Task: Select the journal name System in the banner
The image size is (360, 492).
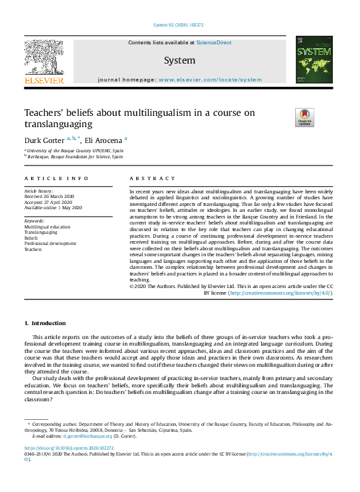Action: click(180, 61)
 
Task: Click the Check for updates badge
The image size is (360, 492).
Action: click(305, 117)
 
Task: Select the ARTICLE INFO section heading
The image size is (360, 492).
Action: click(56, 179)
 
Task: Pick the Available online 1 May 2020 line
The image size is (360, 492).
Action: click(53, 207)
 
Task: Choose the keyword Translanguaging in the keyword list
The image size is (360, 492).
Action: click(40, 232)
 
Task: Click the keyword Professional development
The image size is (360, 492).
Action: click(50, 243)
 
